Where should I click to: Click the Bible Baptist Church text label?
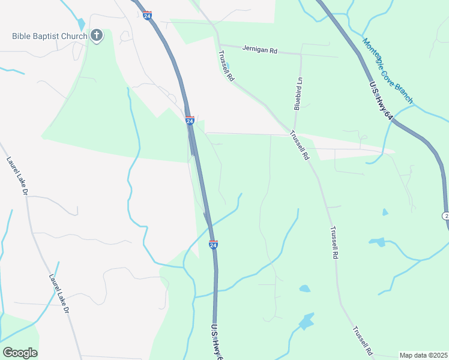(49, 36)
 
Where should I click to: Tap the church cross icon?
(97, 36)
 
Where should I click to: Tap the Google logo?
(20, 353)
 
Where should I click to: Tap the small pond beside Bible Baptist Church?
(82, 28)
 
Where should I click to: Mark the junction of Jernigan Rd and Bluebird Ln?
(300, 54)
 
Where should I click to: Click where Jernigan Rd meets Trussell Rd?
(220, 46)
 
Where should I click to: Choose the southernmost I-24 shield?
(213, 244)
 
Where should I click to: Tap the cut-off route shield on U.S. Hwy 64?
(446, 215)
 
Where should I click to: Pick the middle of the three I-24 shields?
(190, 121)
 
